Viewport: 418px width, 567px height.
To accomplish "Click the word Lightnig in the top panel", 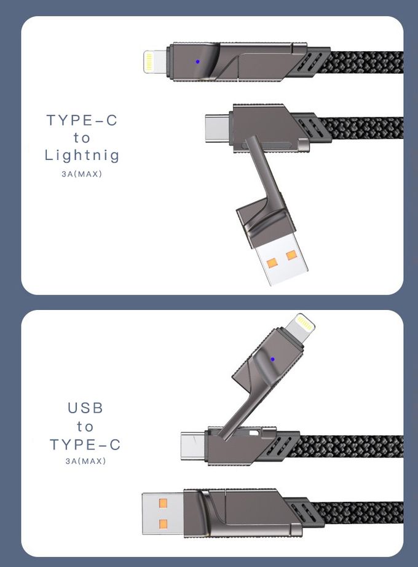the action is point(82,156).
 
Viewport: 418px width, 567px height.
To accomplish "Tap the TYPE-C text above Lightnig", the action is point(82,120).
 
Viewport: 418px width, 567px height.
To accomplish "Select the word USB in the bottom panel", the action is point(85,408).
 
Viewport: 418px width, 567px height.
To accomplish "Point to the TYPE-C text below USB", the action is point(85,445).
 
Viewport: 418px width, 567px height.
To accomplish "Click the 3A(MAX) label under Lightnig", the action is point(82,174).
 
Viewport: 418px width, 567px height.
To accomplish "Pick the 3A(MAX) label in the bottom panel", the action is point(85,461).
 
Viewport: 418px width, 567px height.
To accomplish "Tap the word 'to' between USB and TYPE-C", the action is point(85,427).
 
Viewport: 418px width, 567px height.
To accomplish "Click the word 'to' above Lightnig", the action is point(82,138).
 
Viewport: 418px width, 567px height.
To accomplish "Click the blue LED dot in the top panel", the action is point(197,61).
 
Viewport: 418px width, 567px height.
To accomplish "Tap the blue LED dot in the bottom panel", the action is point(272,359).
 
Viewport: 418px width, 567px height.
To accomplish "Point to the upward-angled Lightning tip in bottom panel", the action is point(300,327).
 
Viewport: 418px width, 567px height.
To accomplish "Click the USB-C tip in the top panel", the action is point(217,128).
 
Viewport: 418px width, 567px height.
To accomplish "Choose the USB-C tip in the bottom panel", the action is point(194,445).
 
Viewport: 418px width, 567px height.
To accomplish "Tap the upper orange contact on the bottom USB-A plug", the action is point(163,503).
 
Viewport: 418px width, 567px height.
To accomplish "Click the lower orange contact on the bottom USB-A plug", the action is point(163,524).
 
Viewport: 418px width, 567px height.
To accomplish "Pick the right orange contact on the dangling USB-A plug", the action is point(291,256).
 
